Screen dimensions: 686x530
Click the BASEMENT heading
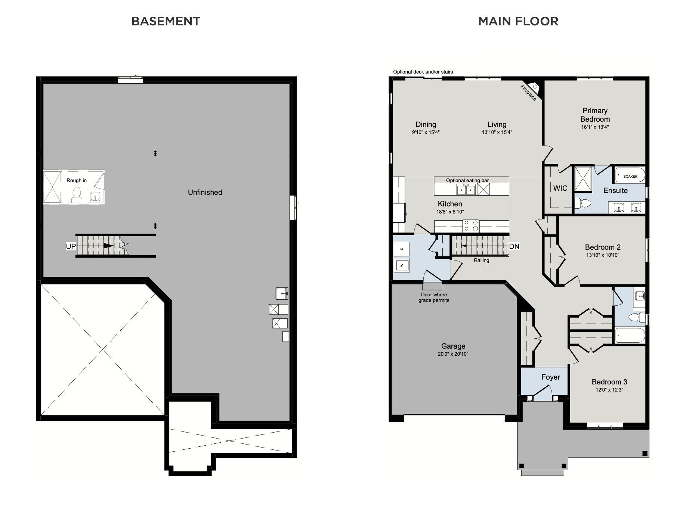pyautogui.click(x=166, y=21)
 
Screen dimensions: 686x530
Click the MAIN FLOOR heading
pyautogui.click(x=518, y=21)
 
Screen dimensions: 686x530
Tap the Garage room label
pyautogui.click(x=453, y=346)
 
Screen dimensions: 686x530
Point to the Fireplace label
pyautogui.click(x=529, y=93)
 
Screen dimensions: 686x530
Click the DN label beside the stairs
pyautogui.click(x=514, y=246)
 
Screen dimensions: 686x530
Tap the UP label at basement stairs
pyautogui.click(x=71, y=246)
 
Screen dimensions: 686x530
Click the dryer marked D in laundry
pyautogui.click(x=402, y=249)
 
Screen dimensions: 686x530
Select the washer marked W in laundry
pyautogui.click(x=402, y=265)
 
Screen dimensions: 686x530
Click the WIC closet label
pyautogui.click(x=560, y=188)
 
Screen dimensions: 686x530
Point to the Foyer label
pyautogui.click(x=550, y=377)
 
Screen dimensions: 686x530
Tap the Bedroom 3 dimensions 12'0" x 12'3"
pyautogui.click(x=609, y=390)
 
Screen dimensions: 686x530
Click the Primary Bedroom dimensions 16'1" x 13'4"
pyautogui.click(x=595, y=127)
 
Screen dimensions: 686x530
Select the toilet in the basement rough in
pyautogui.click(x=77, y=195)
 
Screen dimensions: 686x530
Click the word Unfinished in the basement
pyautogui.click(x=205, y=192)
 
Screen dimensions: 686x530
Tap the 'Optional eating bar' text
pyautogui.click(x=467, y=180)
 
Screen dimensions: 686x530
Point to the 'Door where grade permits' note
pyautogui.click(x=434, y=297)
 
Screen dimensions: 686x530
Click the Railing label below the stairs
pyautogui.click(x=481, y=260)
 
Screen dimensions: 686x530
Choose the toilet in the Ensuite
pyautogui.click(x=583, y=203)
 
